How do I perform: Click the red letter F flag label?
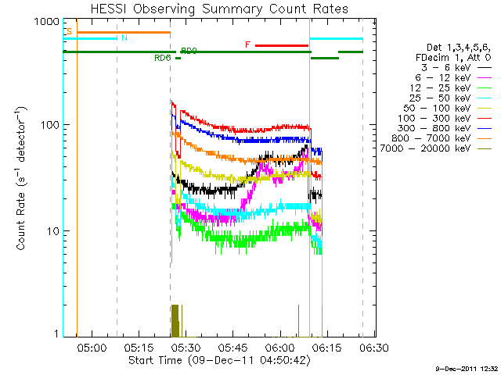pyautogui.click(x=248, y=45)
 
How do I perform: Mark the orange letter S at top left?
pyautogui.click(x=69, y=31)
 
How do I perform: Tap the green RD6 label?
pyautogui.click(x=163, y=57)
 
